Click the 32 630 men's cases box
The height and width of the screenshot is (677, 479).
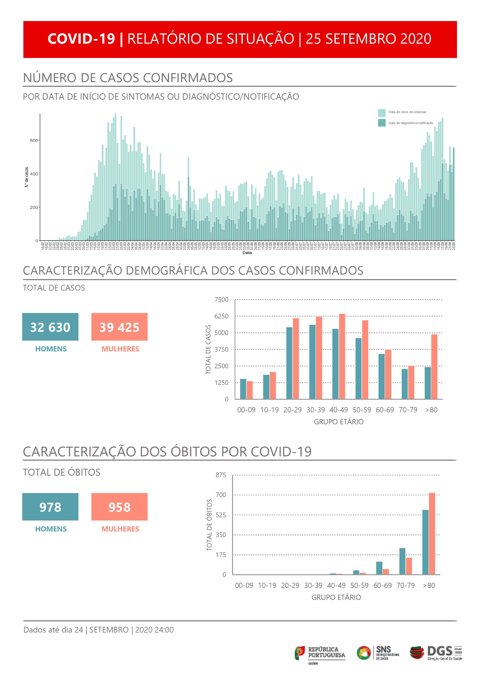coord(50,327)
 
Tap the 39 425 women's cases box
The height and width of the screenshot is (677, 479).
coord(119,327)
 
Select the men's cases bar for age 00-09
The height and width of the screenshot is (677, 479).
coord(243,389)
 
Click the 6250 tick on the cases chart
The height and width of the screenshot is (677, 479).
coord(221,316)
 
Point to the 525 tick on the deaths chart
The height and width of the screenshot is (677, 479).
coord(221,515)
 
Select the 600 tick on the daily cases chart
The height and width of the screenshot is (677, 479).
coord(34,140)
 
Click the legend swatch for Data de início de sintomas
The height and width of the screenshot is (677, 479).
coord(382,113)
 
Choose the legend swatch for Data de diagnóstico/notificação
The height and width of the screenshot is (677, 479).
coord(382,123)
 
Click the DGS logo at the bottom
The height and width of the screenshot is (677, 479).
coord(436,653)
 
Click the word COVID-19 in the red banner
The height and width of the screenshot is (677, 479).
coord(81,39)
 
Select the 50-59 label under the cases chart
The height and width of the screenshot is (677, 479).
coord(362,410)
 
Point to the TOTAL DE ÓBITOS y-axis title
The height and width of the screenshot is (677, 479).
coord(209,525)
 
